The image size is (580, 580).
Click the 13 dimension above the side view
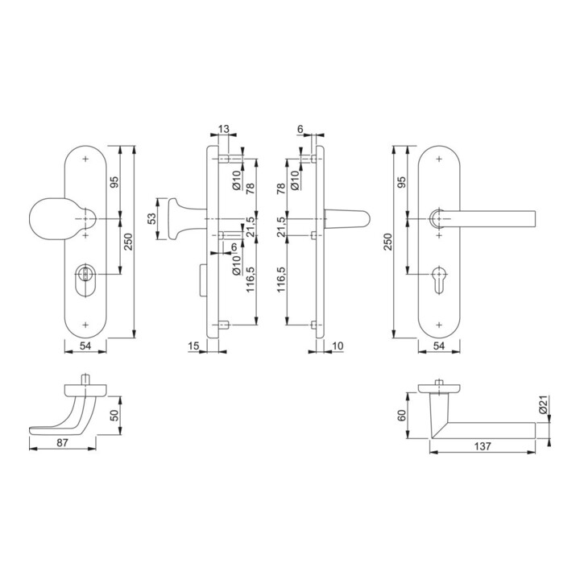click(x=223, y=128)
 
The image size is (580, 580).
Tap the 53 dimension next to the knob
click(x=152, y=219)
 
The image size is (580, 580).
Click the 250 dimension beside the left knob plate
click(x=127, y=242)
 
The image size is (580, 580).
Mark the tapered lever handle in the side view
click(x=346, y=219)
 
